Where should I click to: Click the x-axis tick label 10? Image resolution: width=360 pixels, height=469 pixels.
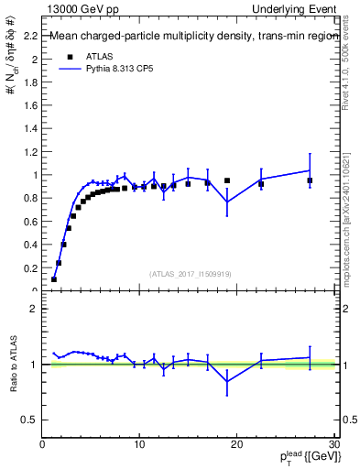[x=139, y=444]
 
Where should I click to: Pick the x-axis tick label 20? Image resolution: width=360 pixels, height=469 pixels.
[x=236, y=444]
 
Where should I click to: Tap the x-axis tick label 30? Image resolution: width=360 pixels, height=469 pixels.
[x=333, y=444]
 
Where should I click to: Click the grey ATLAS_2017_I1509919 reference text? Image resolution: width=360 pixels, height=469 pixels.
[x=191, y=274]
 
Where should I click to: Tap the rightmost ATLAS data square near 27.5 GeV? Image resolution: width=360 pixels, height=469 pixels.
[x=310, y=180]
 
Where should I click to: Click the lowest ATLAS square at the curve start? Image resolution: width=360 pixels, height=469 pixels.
[x=54, y=279]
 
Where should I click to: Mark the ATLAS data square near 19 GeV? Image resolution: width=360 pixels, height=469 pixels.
[x=227, y=180]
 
